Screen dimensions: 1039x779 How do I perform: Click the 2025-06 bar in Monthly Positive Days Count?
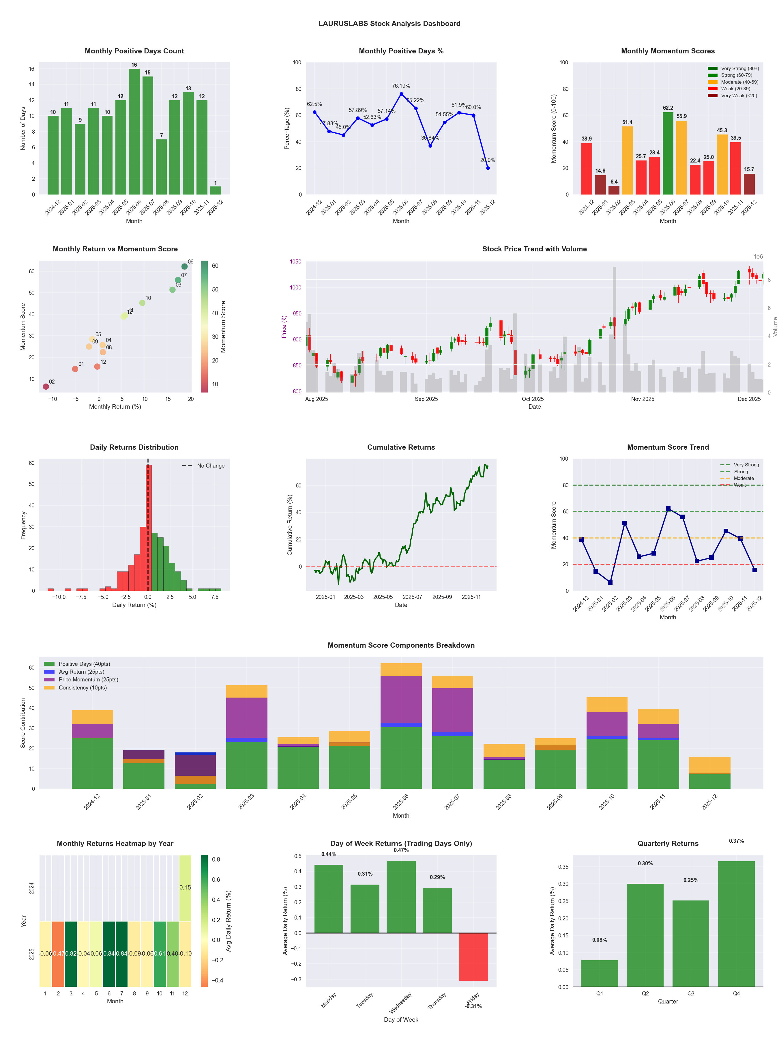pyautogui.click(x=134, y=132)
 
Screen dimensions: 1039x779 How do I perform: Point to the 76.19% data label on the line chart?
pyautogui.click(x=401, y=86)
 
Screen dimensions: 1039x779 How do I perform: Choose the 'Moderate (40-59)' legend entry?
pyautogui.click(x=739, y=82)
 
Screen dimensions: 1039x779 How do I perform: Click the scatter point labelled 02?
pyautogui.click(x=46, y=386)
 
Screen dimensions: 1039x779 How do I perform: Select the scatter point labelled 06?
pyautogui.click(x=185, y=266)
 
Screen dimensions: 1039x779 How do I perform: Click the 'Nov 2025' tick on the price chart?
pyautogui.click(x=642, y=399)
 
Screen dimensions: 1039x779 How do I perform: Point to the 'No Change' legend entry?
pyautogui.click(x=210, y=466)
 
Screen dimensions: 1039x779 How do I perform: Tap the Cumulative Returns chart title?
pyautogui.click(x=401, y=447)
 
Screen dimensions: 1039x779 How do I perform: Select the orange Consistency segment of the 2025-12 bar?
pyautogui.click(x=709, y=764)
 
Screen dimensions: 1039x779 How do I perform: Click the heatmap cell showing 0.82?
pyautogui.click(x=71, y=954)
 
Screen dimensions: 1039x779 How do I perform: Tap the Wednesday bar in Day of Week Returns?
pyautogui.click(x=401, y=897)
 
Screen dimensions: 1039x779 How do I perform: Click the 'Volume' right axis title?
pyautogui.click(x=775, y=326)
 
